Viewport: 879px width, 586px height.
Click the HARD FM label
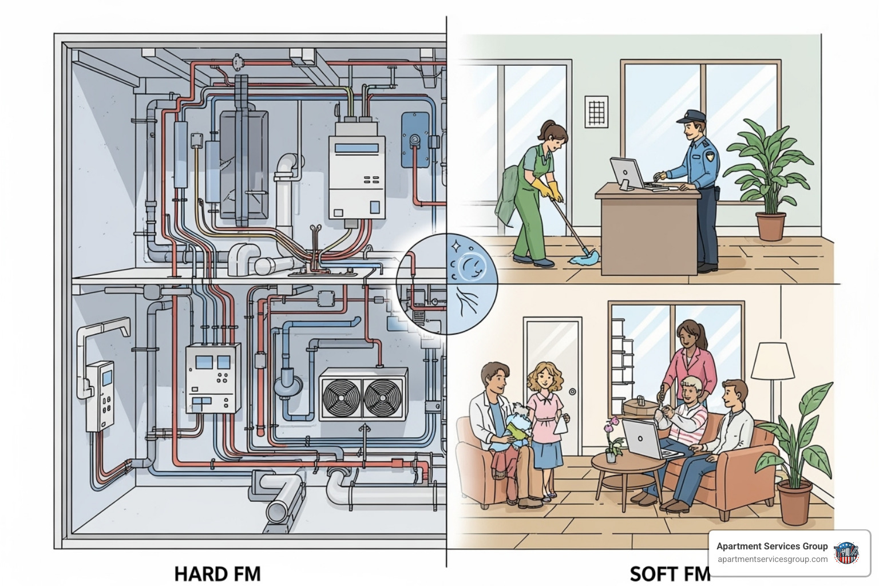click(217, 573)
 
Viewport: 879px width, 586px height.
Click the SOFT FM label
click(669, 573)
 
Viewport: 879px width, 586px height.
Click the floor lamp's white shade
click(773, 361)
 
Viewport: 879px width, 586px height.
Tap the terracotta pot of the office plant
click(770, 226)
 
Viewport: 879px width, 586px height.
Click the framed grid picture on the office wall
click(596, 111)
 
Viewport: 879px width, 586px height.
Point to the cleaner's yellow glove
click(553, 191)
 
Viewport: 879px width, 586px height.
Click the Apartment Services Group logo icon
click(846, 553)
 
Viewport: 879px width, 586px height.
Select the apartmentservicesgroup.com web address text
click(772, 559)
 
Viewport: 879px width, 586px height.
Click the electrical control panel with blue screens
click(213, 378)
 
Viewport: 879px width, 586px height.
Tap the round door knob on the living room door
click(573, 391)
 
